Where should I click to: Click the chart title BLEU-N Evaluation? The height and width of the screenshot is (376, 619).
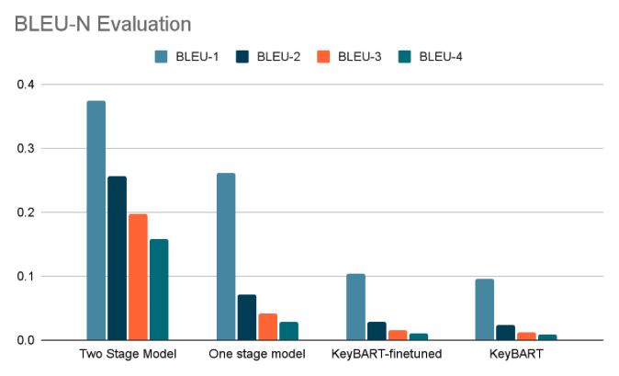pyautogui.click(x=103, y=24)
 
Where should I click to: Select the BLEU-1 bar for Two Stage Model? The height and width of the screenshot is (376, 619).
pyautogui.click(x=96, y=221)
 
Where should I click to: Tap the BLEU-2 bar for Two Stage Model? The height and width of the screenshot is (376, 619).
pyautogui.click(x=118, y=258)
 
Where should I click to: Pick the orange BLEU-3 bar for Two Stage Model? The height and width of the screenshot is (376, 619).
pyautogui.click(x=138, y=277)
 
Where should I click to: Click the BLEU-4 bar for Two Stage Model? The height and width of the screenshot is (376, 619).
pyautogui.click(x=159, y=290)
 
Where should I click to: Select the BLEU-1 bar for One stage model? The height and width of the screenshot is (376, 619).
pyautogui.click(x=226, y=256)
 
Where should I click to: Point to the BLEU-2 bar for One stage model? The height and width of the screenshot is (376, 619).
pyautogui.click(x=247, y=317)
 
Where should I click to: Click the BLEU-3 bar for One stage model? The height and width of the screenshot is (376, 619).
pyautogui.click(x=267, y=326)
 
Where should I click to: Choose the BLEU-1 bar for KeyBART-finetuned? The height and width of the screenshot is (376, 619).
pyautogui.click(x=355, y=307)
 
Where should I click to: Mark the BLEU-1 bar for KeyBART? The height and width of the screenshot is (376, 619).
pyautogui.click(x=485, y=309)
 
